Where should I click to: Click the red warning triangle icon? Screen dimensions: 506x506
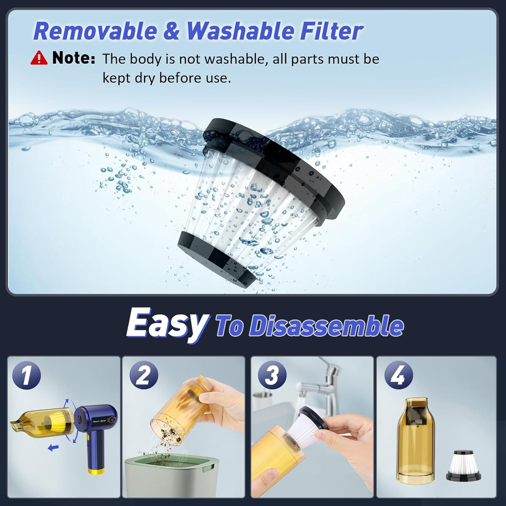coord(39,58)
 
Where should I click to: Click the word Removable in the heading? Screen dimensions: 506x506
coord(95,31)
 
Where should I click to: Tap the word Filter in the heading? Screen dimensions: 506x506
coord(331,31)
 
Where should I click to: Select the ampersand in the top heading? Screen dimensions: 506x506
coord(172,31)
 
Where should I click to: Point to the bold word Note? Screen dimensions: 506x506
coord(74,58)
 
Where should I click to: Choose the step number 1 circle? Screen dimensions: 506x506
coord(27,375)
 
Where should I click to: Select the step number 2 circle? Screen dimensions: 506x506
coord(144,375)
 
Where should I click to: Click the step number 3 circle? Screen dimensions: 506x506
coord(272,375)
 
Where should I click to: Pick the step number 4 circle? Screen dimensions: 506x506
coord(399,375)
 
